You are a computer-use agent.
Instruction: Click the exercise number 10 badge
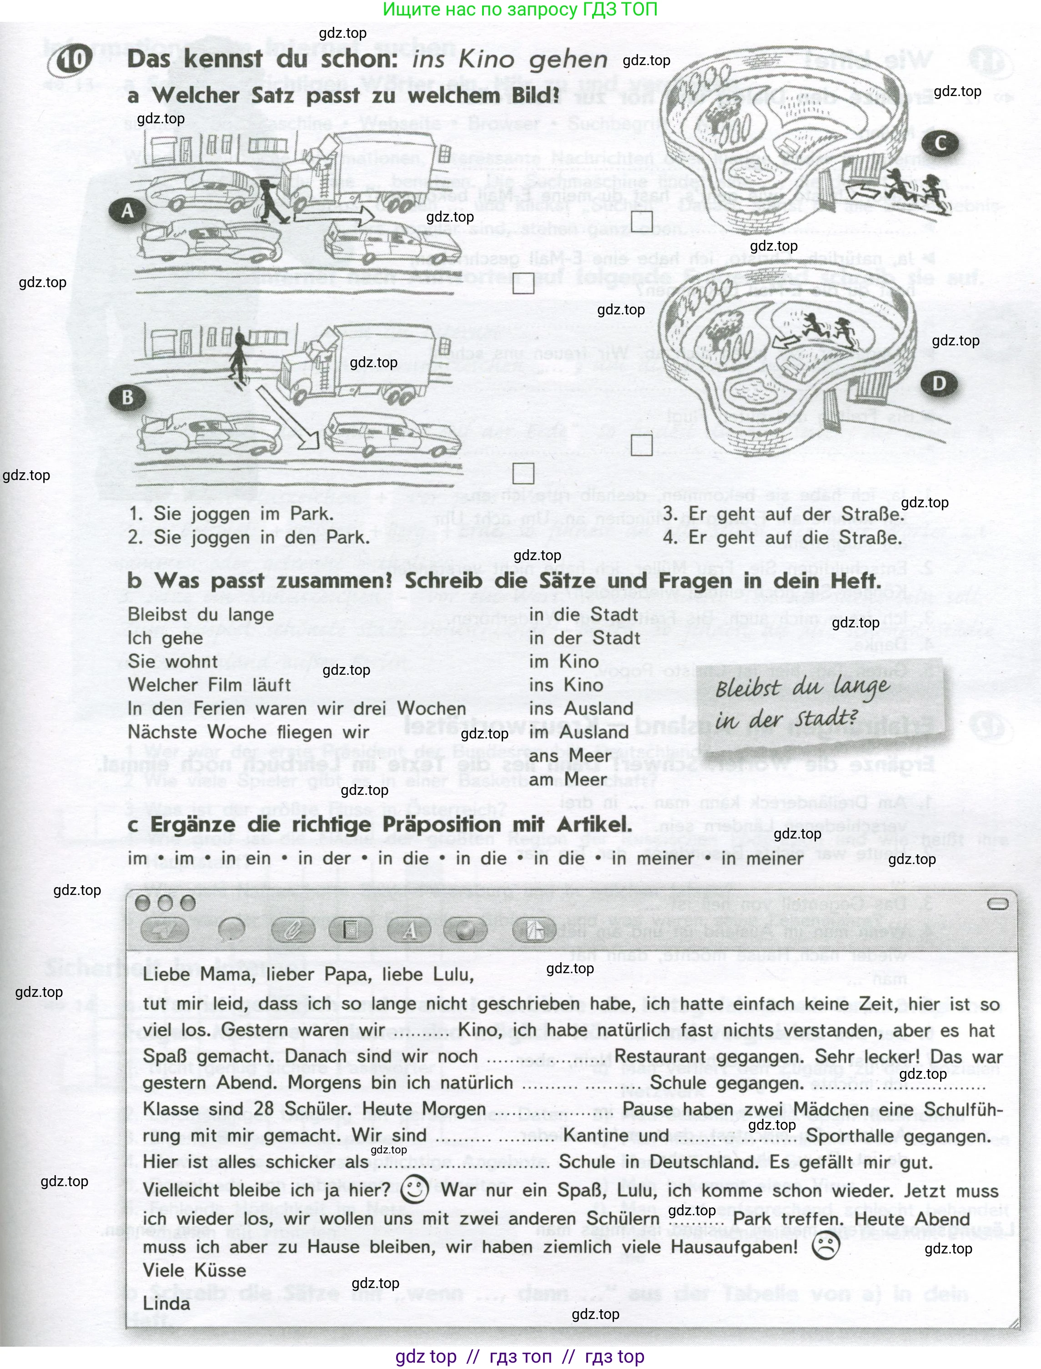(x=74, y=60)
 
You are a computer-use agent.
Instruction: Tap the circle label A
(x=127, y=211)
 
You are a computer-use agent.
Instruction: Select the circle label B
(x=127, y=397)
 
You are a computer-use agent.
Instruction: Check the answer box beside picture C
(x=642, y=221)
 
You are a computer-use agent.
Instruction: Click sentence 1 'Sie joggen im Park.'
(x=231, y=514)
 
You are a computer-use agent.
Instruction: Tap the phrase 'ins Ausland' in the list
(x=581, y=708)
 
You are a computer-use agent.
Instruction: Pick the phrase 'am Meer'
(x=568, y=779)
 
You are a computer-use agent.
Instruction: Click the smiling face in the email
(x=415, y=1189)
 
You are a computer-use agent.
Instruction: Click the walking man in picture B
(x=239, y=358)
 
